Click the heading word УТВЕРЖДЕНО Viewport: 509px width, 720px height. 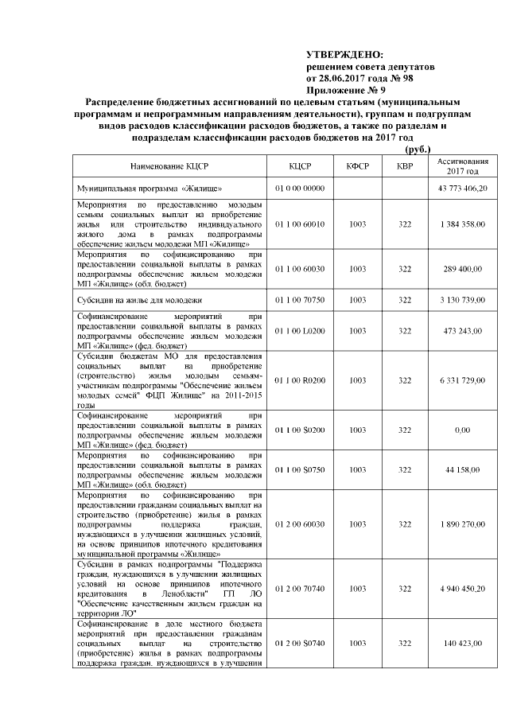click(x=344, y=54)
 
